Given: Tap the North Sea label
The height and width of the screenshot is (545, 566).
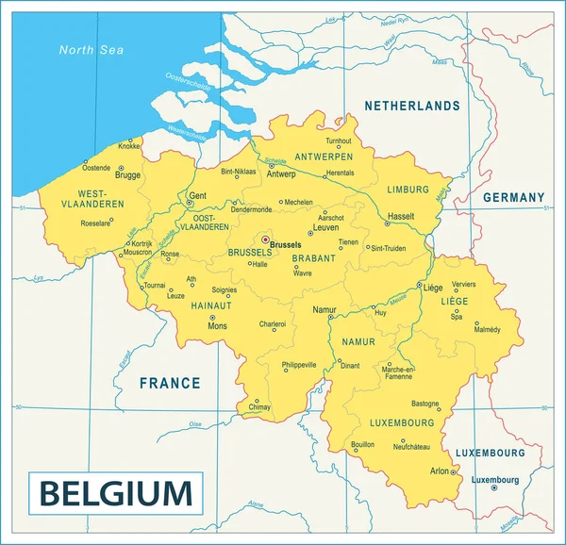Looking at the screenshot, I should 92,50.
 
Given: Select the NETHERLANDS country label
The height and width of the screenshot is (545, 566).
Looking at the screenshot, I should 412,107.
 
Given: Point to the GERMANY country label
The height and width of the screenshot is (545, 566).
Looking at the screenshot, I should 513,198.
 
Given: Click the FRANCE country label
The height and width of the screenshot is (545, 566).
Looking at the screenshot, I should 170,383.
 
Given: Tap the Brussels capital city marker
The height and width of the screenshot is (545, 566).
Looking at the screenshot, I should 265,239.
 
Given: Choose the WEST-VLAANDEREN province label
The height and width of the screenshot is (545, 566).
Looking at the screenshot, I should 93,199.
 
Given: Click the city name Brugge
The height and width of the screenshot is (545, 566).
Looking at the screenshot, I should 127,175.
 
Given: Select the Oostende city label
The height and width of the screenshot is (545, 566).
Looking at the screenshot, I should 96,168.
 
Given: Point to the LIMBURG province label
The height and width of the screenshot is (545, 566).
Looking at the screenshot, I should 408,190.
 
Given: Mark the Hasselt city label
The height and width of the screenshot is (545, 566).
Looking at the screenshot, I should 401,216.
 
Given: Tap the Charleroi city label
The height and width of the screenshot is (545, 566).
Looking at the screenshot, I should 273,324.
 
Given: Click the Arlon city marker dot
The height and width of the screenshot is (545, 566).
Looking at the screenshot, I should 455,471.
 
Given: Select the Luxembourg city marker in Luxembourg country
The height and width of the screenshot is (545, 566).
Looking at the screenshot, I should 494,487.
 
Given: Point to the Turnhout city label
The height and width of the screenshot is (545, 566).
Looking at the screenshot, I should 338,140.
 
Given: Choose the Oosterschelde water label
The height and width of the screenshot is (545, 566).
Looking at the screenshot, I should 187,83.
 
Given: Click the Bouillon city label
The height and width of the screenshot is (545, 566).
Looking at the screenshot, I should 362,443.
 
